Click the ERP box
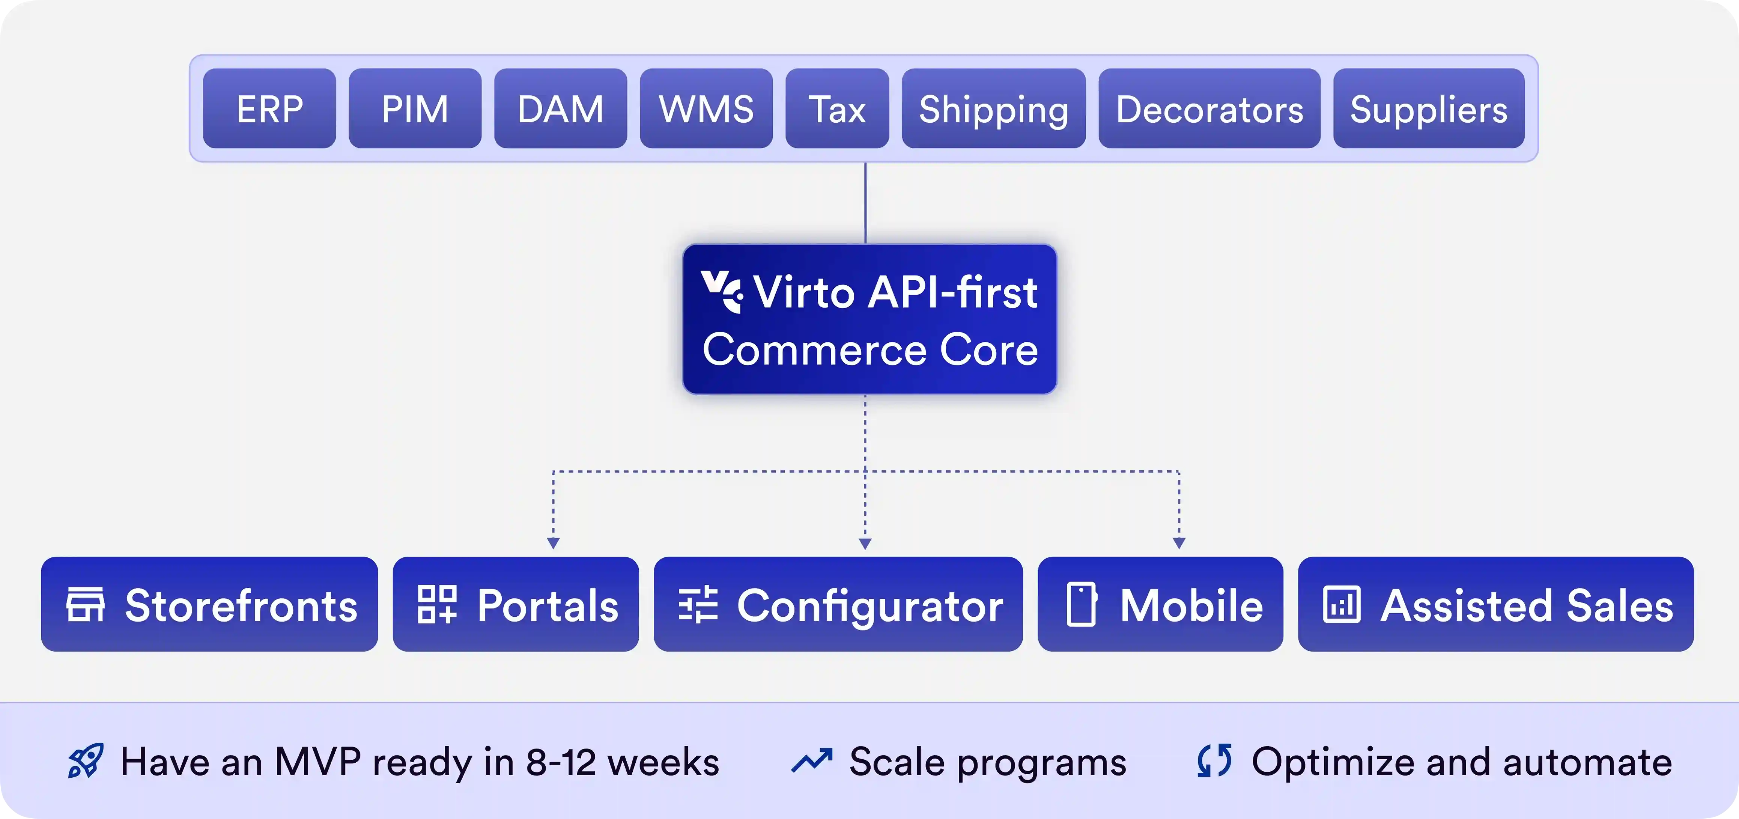[x=269, y=108]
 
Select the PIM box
[x=415, y=108]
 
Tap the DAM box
[x=560, y=108]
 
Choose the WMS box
[x=706, y=108]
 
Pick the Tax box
[x=837, y=108]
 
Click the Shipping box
[x=994, y=108]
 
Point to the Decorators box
[x=1209, y=108]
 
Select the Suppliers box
[x=1428, y=108]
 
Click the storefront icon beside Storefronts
[x=85, y=604]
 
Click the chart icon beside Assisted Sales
[x=1341, y=604]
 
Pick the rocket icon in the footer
[x=86, y=761]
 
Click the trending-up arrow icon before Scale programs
[x=811, y=761]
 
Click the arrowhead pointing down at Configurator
[x=865, y=543]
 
